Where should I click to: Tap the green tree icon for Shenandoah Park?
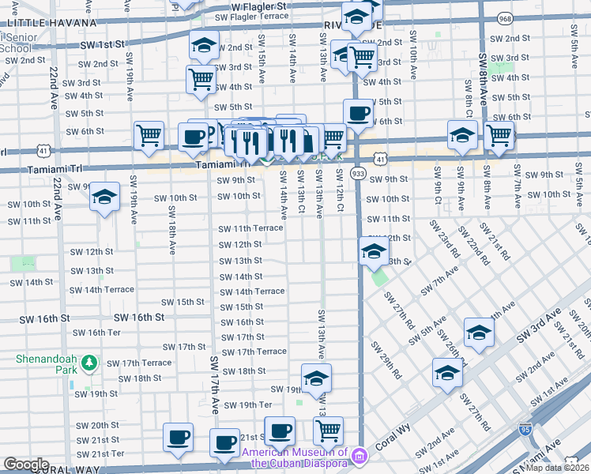point(91,362)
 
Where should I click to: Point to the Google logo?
point(26,464)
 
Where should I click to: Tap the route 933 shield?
point(359,173)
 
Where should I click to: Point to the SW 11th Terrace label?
point(251,228)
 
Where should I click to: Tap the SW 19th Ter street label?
point(248,405)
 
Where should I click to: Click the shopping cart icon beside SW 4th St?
point(201,80)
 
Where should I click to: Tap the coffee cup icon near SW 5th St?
point(358,113)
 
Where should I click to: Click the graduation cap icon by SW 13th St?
point(374,253)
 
